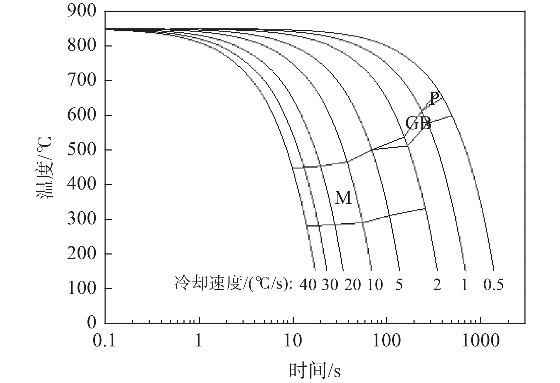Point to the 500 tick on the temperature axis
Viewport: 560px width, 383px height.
point(81,149)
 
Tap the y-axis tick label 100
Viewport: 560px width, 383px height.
point(81,288)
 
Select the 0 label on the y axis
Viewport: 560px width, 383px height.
point(91,323)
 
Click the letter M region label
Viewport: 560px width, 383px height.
point(343,198)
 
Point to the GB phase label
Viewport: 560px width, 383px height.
point(418,124)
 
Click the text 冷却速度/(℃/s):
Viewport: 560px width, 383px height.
point(233,284)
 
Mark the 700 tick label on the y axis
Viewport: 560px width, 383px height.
point(81,80)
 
